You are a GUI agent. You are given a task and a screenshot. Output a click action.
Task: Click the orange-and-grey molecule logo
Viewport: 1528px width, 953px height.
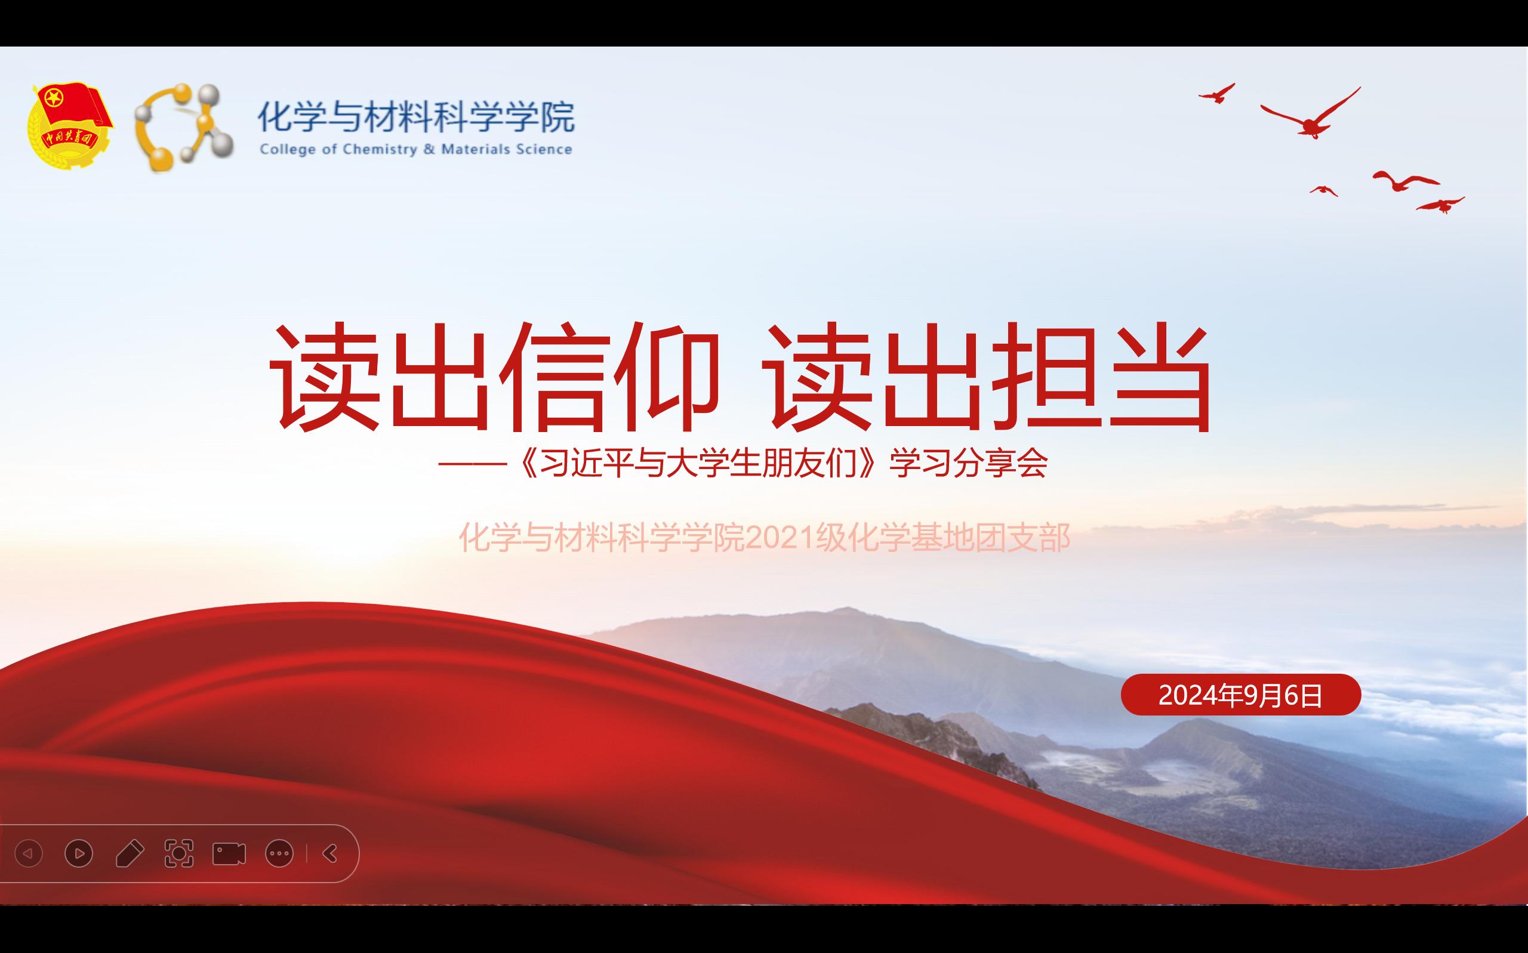[183, 127]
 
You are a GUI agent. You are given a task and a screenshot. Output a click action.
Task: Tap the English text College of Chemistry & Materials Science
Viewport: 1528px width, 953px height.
[416, 150]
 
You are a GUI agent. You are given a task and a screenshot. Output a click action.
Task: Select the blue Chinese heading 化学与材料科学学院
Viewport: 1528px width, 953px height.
[417, 116]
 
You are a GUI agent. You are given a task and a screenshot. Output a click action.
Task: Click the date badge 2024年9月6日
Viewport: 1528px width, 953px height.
[1240, 695]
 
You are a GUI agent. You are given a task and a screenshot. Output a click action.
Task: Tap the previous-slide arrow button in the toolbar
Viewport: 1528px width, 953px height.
[29, 853]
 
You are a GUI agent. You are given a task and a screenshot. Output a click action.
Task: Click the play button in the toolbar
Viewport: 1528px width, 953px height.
[79, 853]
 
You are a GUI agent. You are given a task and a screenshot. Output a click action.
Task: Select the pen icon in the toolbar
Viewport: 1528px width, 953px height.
[130, 853]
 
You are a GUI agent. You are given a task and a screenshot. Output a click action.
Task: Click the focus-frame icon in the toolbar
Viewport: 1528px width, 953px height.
[179, 853]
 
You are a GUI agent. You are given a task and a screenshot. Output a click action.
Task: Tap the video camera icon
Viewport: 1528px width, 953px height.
[229, 853]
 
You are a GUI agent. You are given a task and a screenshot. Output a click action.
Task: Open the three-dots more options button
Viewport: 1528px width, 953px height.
[279, 853]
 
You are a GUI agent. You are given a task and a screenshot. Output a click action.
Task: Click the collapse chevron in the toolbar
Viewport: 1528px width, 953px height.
[329, 853]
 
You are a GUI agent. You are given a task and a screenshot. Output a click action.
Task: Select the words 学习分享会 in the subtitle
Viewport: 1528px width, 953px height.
[968, 464]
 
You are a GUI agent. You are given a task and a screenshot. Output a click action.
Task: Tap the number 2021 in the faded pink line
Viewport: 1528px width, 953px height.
[780, 538]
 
